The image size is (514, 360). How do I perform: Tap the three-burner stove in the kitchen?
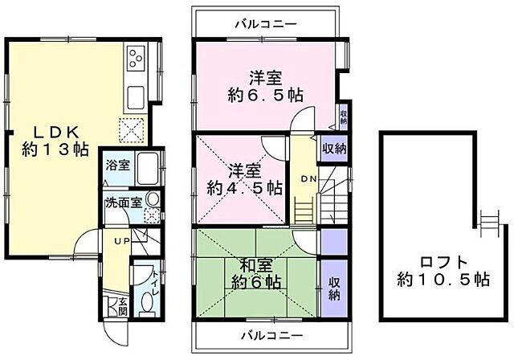click(x=135, y=59)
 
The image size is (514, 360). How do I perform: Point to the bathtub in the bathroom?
click(x=145, y=170)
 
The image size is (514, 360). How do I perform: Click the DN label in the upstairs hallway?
click(x=307, y=178)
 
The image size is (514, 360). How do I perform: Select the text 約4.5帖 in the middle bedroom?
click(x=243, y=188)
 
